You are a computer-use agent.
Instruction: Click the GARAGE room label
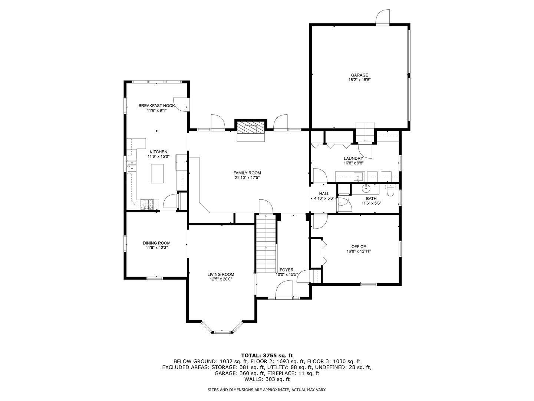click(359, 75)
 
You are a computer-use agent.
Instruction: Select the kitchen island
click(157, 173)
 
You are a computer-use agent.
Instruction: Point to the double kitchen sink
click(132, 166)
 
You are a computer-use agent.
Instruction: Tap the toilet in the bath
click(390, 190)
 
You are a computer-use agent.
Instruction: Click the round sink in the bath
click(366, 189)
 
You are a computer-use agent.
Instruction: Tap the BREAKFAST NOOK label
click(156, 106)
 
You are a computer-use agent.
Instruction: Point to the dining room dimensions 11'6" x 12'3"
click(156, 248)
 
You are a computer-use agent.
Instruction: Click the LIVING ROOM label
click(221, 274)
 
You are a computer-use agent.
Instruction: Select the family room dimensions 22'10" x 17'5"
click(247, 177)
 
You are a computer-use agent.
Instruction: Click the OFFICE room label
click(359, 247)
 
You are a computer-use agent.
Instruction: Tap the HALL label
click(324, 194)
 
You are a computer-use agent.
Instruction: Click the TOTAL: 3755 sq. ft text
click(267, 355)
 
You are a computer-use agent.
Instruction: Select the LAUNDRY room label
click(353, 159)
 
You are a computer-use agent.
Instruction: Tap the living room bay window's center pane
click(222, 330)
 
